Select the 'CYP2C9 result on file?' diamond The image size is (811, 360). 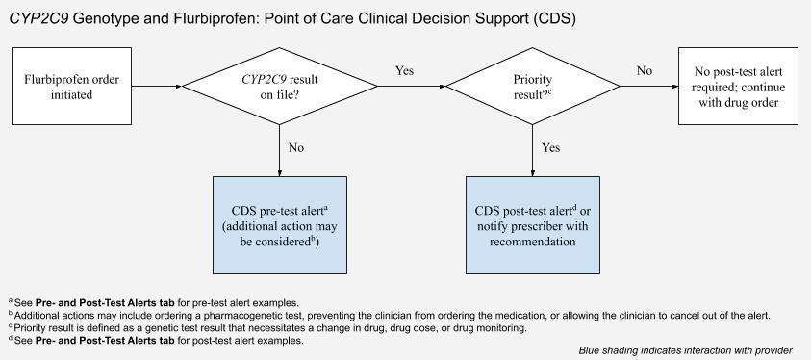[x=279, y=86]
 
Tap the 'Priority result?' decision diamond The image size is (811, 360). [x=533, y=86]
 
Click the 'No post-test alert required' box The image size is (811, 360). [x=737, y=86]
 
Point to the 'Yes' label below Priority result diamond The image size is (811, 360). [x=551, y=148]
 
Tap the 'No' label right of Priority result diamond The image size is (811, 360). [x=645, y=71]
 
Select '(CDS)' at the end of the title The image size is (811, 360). [x=551, y=18]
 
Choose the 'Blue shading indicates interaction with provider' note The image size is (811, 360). [x=686, y=350]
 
